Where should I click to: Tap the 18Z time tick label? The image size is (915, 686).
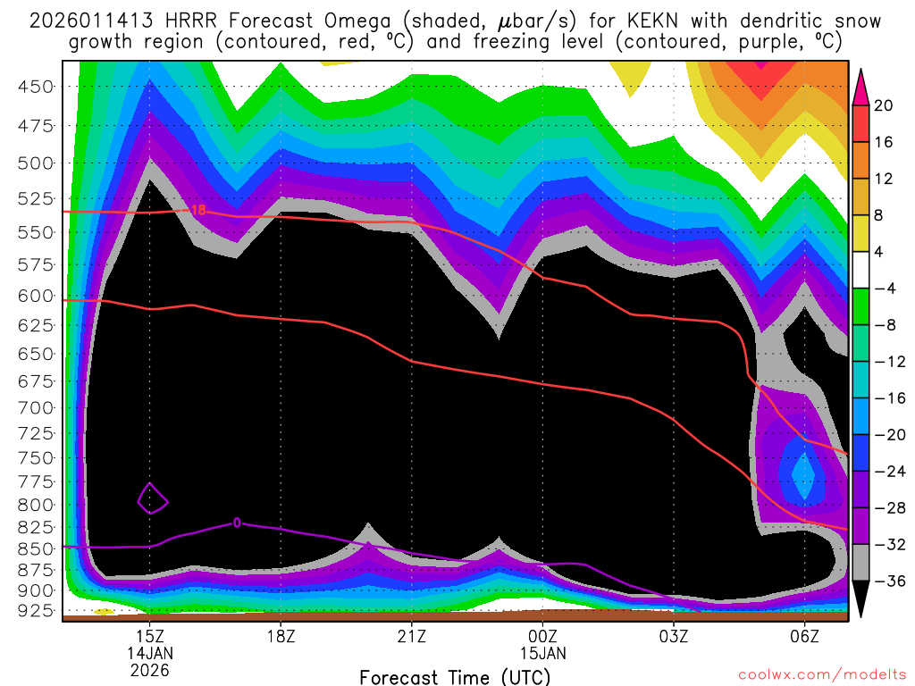pyautogui.click(x=281, y=636)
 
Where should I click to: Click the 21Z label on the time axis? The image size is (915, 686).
pyautogui.click(x=411, y=636)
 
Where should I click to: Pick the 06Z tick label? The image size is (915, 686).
pyautogui.click(x=804, y=636)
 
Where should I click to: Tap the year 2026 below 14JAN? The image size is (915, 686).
pyautogui.click(x=149, y=669)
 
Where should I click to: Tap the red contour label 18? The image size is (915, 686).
pyautogui.click(x=198, y=210)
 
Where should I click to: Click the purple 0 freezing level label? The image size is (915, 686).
pyautogui.click(x=237, y=523)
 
